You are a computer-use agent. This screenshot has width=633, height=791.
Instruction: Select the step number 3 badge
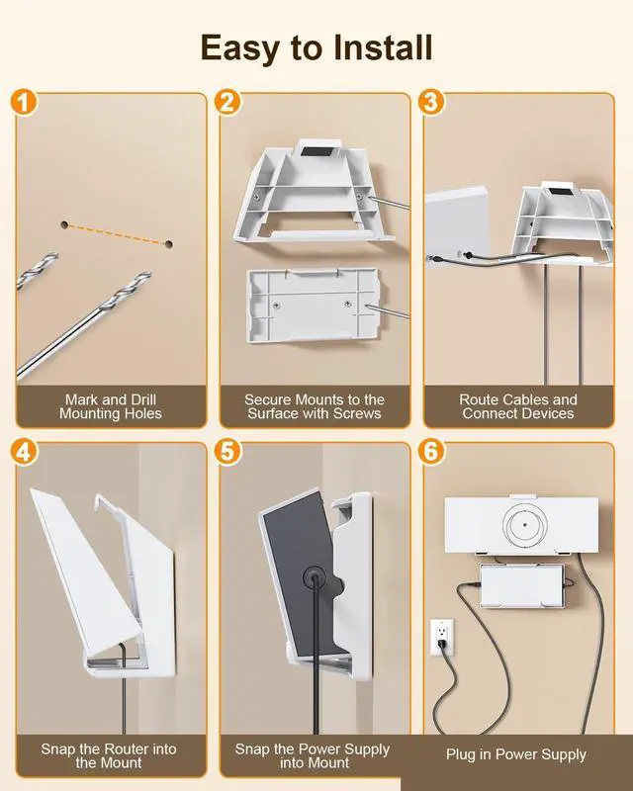(x=430, y=102)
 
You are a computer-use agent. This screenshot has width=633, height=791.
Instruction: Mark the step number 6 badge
(x=430, y=452)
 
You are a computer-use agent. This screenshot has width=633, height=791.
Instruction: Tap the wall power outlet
(x=441, y=637)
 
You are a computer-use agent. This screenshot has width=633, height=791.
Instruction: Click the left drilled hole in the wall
(x=64, y=225)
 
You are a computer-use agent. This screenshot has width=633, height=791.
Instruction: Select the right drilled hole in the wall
(x=169, y=242)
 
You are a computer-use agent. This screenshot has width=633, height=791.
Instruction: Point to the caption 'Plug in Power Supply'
(x=515, y=754)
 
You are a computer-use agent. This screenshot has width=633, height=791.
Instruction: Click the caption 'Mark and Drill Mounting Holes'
(x=110, y=406)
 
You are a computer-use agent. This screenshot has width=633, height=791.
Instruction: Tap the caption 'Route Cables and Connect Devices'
(x=518, y=406)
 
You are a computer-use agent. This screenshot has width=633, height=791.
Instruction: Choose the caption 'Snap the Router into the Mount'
(x=110, y=755)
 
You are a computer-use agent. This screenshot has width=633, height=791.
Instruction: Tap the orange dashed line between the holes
(x=117, y=234)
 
